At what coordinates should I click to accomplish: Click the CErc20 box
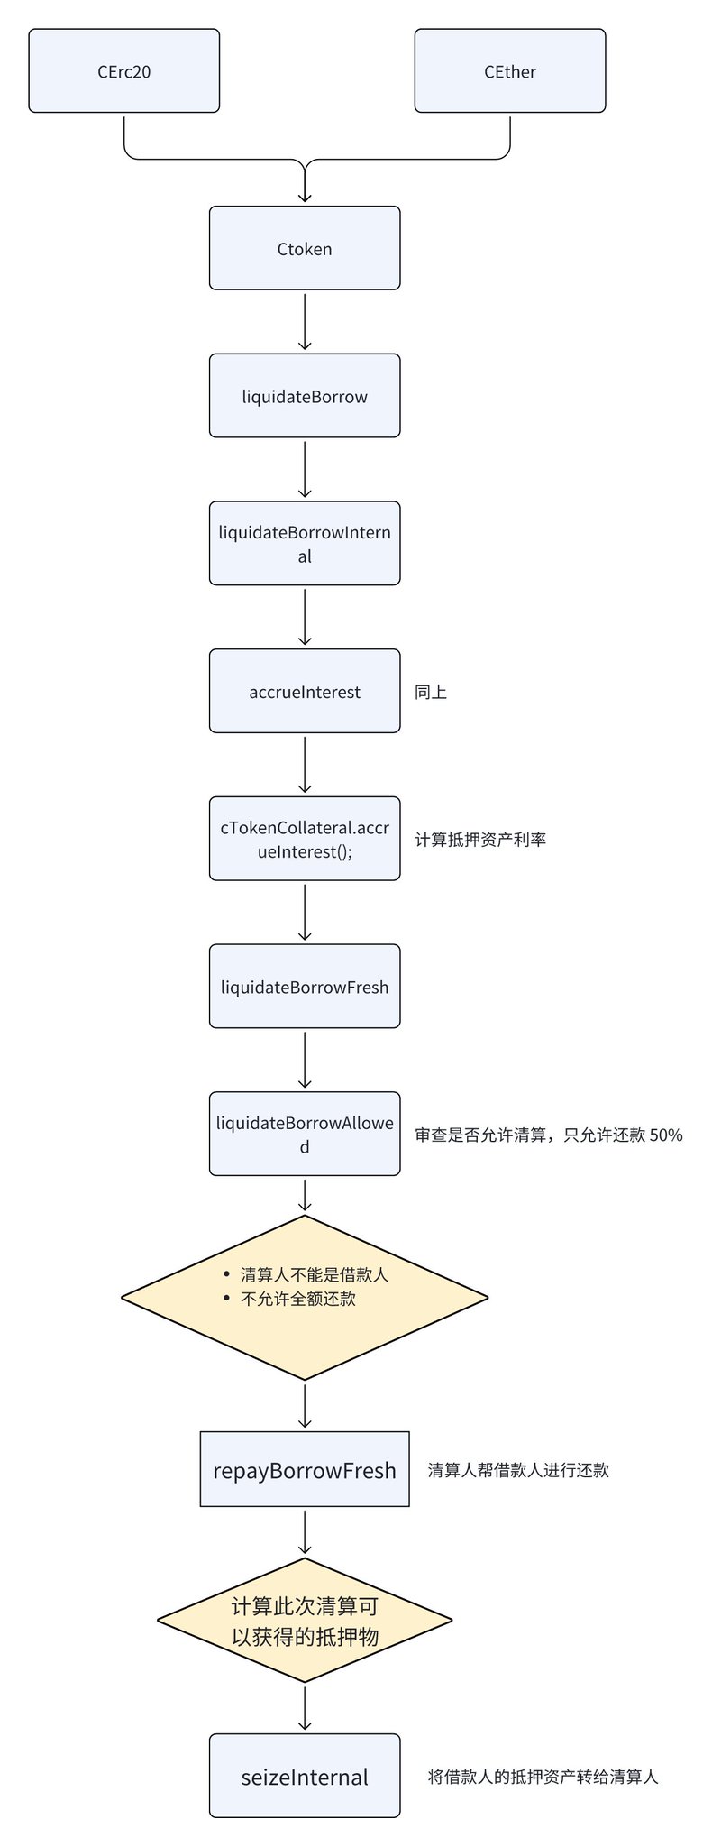(124, 70)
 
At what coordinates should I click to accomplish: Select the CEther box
(510, 70)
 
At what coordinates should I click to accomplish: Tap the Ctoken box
(305, 248)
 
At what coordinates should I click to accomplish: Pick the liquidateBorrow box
(305, 396)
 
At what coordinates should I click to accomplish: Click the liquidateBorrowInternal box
(305, 544)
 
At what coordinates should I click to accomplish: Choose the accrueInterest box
(305, 691)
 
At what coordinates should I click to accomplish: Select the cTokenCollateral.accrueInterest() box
(305, 839)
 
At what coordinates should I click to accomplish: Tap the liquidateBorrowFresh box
(305, 987)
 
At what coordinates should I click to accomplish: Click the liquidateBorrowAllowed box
(305, 1134)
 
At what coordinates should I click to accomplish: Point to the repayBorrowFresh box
(305, 1469)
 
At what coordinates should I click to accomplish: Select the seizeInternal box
(305, 1776)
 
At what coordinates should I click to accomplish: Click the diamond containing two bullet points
(305, 1298)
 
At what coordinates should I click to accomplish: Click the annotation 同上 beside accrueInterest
(431, 692)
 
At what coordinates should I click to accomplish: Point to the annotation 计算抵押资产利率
(480, 840)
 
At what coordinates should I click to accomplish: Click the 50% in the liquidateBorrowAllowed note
(666, 1135)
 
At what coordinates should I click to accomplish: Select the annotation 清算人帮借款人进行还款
(518, 1470)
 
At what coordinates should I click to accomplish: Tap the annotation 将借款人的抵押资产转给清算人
(543, 1777)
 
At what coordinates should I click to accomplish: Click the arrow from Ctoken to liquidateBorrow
(305, 320)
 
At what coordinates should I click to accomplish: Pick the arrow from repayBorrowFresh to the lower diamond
(305, 1532)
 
